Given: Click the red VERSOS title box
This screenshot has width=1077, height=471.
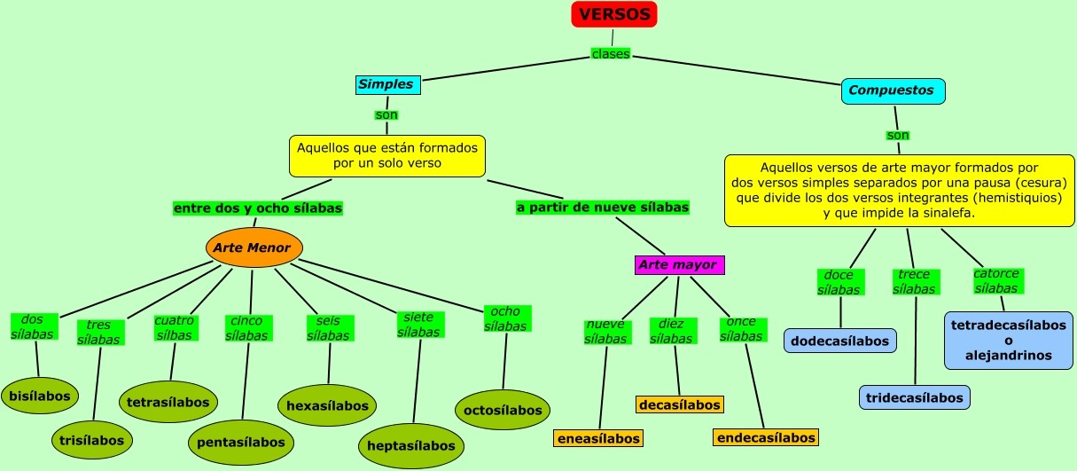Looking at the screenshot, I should [x=614, y=14].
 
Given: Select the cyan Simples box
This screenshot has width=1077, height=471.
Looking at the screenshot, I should [x=386, y=85].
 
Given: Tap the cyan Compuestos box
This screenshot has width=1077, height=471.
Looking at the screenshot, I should [x=892, y=90].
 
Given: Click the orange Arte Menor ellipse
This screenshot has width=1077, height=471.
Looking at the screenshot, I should [x=254, y=247].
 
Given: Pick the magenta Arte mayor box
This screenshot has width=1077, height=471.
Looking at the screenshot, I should [x=679, y=264].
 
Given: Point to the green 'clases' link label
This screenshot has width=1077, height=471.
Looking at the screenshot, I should [x=611, y=54].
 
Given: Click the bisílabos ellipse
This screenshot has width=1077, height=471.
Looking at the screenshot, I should [x=40, y=396].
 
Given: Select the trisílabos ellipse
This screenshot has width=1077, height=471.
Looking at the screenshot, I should [x=91, y=439].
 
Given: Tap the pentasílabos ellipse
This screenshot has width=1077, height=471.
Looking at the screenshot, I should [x=240, y=442].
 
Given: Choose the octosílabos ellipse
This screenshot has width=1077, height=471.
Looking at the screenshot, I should [x=502, y=410].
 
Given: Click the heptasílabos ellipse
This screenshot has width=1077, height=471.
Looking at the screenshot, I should [x=411, y=445].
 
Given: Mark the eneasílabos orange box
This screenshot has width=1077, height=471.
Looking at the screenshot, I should [x=598, y=438].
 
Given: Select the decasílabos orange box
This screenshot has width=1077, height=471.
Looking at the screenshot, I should [x=680, y=404].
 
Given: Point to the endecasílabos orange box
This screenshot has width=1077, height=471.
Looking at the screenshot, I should [x=766, y=437].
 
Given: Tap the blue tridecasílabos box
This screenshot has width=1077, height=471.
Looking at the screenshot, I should [x=915, y=397].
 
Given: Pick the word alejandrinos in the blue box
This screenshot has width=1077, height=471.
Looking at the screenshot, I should [x=1009, y=356].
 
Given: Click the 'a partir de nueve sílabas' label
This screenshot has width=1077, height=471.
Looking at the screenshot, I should [x=603, y=208].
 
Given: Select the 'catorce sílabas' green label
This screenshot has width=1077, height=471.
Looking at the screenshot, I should [x=997, y=280].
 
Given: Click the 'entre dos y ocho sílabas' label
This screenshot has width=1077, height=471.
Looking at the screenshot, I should [x=258, y=208].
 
